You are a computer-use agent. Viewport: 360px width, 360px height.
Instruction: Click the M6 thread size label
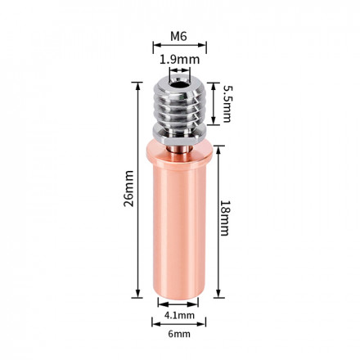coord(179,36)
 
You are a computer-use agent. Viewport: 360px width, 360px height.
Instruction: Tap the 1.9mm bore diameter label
coord(179,60)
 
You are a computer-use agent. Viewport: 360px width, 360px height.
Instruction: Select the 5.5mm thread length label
coord(227,104)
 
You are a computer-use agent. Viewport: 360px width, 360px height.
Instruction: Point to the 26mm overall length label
coord(129,188)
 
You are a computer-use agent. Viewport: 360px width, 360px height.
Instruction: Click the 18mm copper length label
coord(225,218)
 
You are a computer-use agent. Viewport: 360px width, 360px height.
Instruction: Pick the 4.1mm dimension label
coord(179,315)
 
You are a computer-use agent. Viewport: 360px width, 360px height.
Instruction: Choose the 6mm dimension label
coord(179,334)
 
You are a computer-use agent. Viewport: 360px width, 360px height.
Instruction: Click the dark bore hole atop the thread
coord(179,84)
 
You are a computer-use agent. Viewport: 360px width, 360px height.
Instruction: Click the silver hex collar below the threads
coord(179,134)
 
